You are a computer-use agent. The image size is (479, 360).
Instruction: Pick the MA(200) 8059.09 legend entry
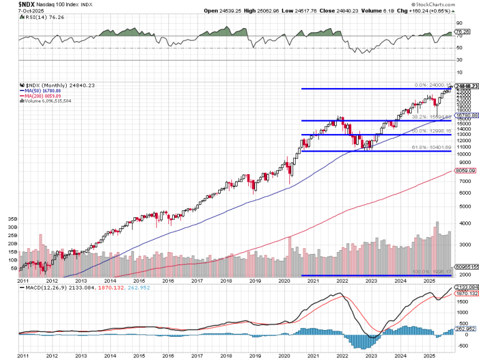tap(44, 95)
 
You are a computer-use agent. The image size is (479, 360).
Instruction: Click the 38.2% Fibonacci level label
tap(427, 117)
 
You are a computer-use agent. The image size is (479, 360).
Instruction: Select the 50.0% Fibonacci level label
tap(427, 132)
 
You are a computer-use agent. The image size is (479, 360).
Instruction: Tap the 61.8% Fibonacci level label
tap(427, 148)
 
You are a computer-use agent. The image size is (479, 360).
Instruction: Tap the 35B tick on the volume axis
tap(12, 220)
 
